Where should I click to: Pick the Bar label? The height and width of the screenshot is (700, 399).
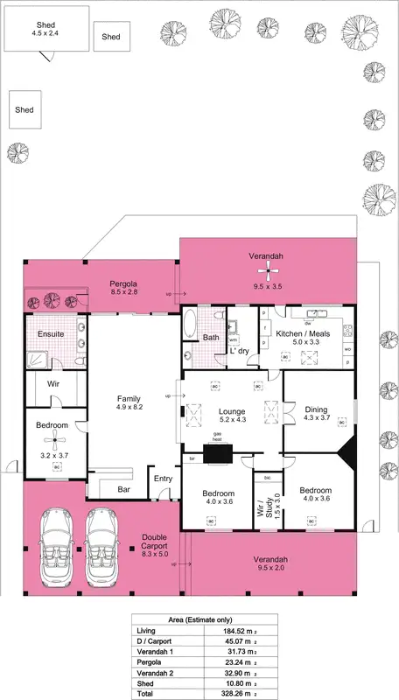point(124,489)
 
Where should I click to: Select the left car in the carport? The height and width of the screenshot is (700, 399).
point(53,549)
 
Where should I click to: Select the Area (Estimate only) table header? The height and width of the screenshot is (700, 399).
point(199,617)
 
